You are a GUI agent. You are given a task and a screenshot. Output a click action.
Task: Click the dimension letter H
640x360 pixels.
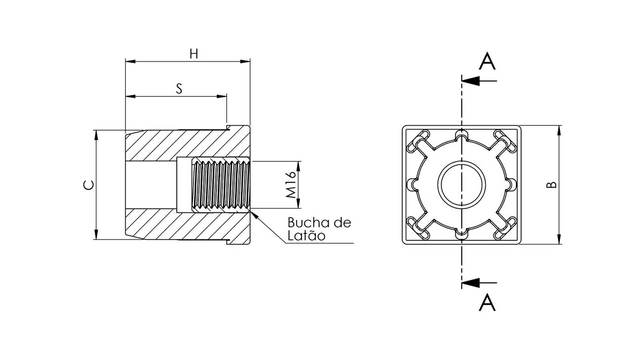click(x=194, y=54)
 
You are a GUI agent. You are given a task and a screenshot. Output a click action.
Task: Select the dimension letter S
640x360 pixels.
click(x=179, y=88)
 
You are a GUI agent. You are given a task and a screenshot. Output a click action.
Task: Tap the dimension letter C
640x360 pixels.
click(x=88, y=185)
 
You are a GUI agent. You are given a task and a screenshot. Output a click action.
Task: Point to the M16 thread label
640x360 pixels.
click(x=291, y=185)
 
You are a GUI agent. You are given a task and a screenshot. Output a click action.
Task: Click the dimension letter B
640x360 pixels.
click(x=551, y=185)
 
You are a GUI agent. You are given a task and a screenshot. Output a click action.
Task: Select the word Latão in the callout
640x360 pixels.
click(x=306, y=236)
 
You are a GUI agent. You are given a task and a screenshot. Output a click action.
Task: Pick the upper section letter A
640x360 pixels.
click(x=487, y=61)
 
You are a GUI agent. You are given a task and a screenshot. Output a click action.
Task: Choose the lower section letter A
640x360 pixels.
click(x=487, y=302)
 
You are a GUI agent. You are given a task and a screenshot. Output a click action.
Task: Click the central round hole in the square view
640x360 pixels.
click(x=462, y=184)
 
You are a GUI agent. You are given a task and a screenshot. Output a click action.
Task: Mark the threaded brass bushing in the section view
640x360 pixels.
click(x=220, y=185)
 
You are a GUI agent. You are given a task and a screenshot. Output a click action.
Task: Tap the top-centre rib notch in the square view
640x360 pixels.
click(x=462, y=135)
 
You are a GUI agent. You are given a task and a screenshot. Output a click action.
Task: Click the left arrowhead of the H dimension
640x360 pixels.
click(x=130, y=62)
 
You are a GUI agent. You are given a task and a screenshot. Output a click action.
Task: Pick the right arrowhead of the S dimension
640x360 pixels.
click(x=222, y=96)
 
